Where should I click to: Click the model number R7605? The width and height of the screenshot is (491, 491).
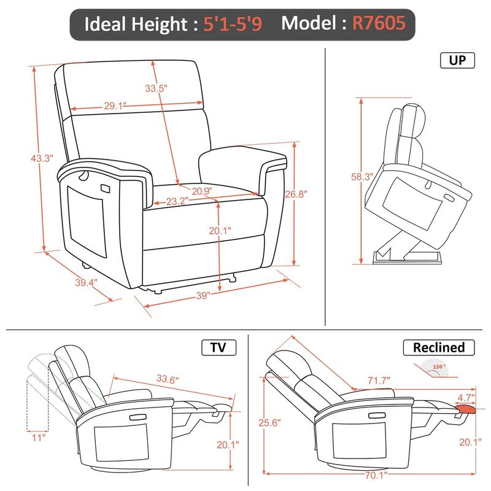click(378, 24)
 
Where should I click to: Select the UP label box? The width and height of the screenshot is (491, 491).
click(457, 60)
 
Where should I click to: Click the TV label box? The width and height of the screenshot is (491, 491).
click(218, 348)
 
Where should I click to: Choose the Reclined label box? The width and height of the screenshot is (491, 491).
click(438, 347)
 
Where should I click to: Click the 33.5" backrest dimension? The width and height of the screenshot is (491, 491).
click(156, 88)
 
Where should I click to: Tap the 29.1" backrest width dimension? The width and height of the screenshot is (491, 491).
click(115, 106)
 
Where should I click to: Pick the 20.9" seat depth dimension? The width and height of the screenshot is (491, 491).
click(201, 191)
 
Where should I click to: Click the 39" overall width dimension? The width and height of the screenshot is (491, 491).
click(203, 295)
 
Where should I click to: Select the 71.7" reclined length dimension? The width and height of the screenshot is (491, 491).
click(378, 381)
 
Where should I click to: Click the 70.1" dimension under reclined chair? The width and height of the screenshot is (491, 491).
click(368, 474)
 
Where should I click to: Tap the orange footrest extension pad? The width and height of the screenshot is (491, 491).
click(466, 408)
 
